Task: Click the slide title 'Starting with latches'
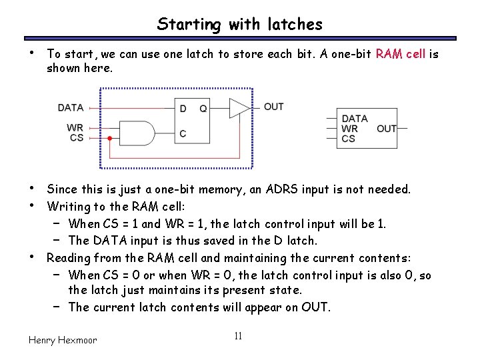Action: click(x=239, y=25)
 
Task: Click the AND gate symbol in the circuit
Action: click(x=136, y=133)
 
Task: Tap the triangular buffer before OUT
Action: click(x=239, y=108)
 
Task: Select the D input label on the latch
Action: click(x=183, y=109)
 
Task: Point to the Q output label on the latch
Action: click(x=203, y=109)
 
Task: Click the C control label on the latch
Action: click(x=183, y=134)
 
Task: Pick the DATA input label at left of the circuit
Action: click(x=71, y=107)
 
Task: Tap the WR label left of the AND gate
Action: click(x=75, y=127)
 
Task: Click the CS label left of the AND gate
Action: click(x=77, y=138)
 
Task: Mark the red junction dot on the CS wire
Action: click(x=109, y=139)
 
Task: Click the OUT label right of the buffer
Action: click(x=273, y=107)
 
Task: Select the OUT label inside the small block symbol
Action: click(x=387, y=129)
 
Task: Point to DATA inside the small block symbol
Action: click(x=355, y=119)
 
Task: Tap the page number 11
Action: click(x=238, y=335)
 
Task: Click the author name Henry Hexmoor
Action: click(x=63, y=340)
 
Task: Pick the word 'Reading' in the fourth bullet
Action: click(x=69, y=258)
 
